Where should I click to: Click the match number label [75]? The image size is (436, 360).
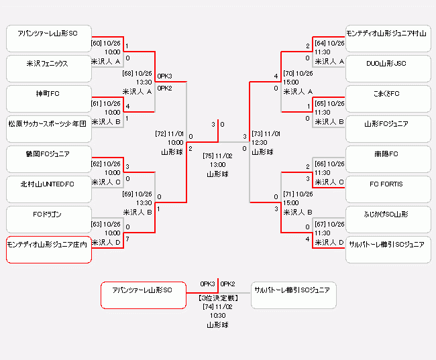[x=209, y=156]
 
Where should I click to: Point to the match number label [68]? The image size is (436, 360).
[x=127, y=74]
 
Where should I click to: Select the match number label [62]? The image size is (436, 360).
[x=96, y=164]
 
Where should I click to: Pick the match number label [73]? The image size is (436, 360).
[x=257, y=133]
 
